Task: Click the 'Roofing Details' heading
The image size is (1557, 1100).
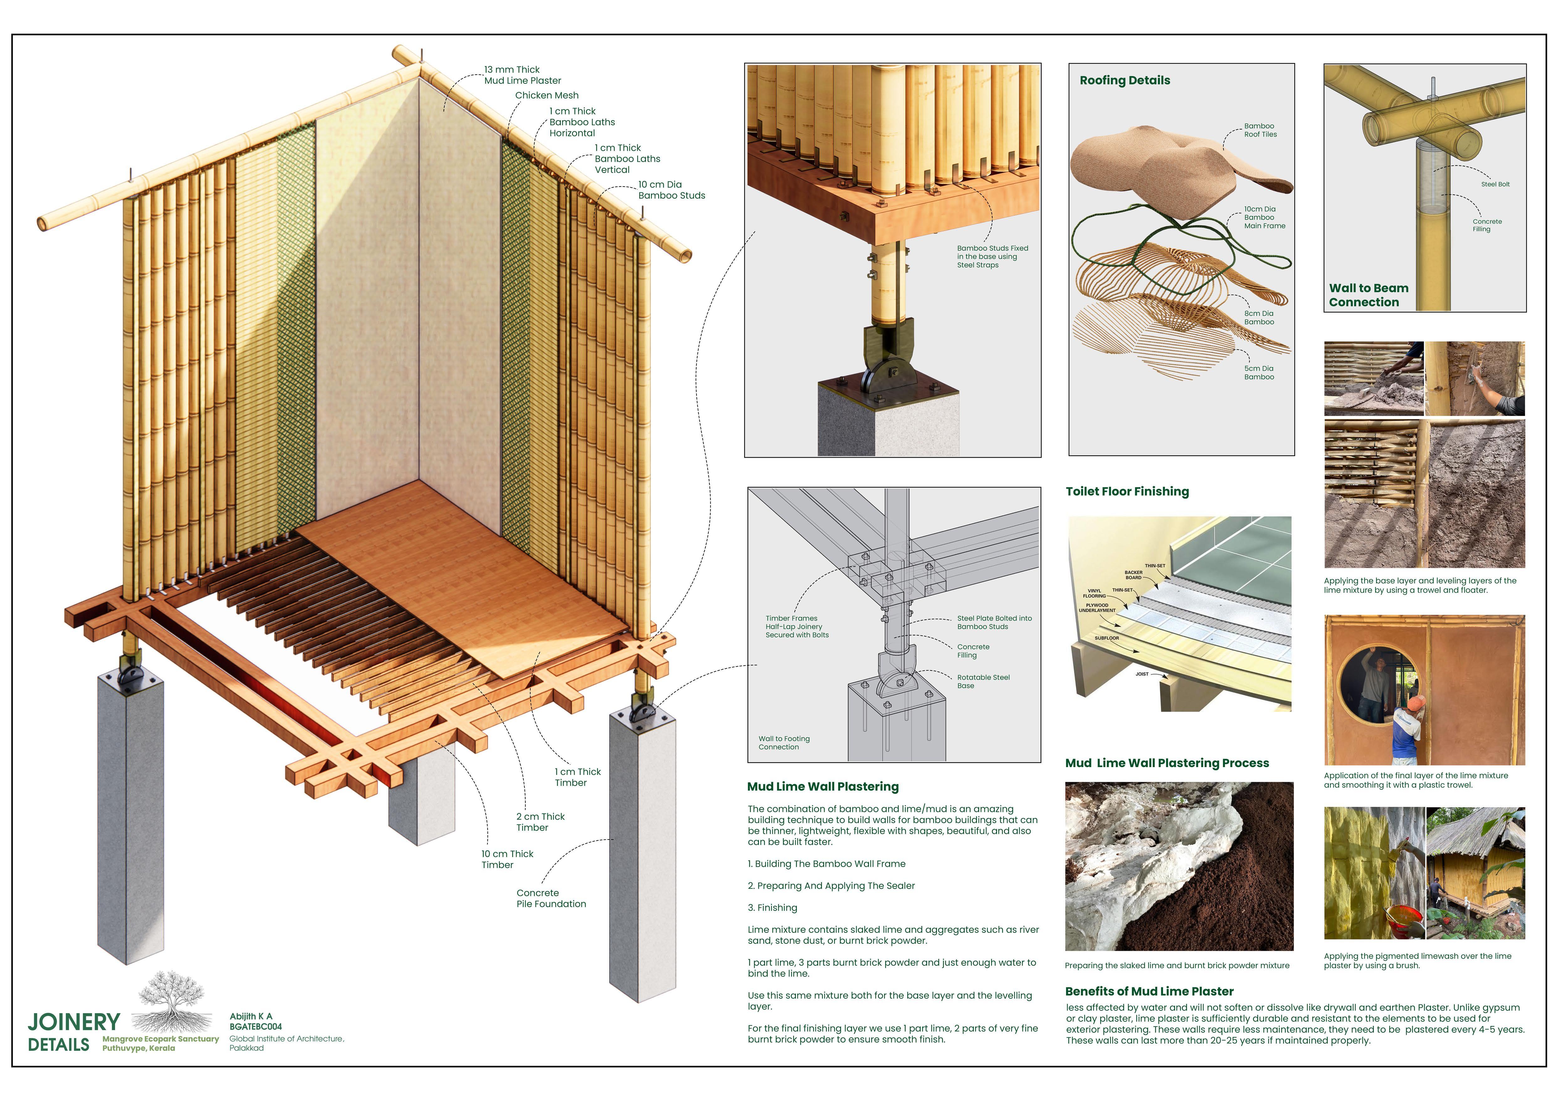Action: pyautogui.click(x=1124, y=80)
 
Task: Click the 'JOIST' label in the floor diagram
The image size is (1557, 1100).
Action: pyautogui.click(x=1142, y=674)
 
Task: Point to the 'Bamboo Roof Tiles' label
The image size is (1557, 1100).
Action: pyautogui.click(x=1260, y=130)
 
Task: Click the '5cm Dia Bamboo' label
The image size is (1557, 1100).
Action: pyautogui.click(x=1259, y=373)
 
